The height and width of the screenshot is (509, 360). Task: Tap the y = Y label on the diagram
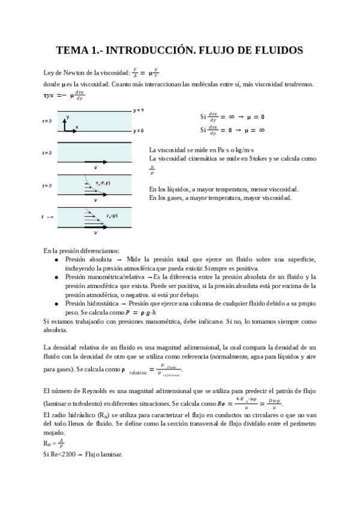click(138, 110)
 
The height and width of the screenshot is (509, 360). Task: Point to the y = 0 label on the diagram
click(138, 130)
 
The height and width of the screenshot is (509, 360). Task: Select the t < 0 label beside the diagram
click(47, 121)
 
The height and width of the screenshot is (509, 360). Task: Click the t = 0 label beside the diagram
click(47, 153)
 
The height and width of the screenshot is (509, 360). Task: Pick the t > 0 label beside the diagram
click(47, 185)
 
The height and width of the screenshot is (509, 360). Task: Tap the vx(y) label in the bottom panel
click(111, 215)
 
